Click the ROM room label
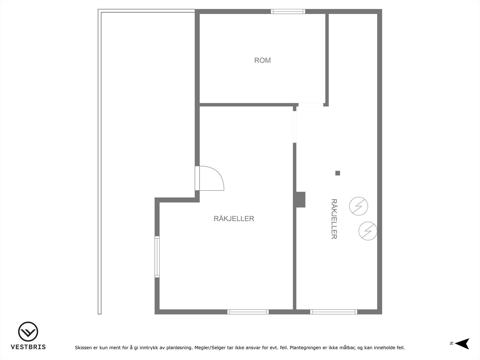(x=262, y=60)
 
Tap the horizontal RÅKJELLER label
(x=234, y=219)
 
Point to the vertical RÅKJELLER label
(x=334, y=219)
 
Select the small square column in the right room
(x=337, y=173)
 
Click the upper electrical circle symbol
(x=358, y=206)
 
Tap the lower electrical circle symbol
(x=368, y=231)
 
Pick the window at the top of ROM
(x=288, y=11)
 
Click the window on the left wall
(x=157, y=256)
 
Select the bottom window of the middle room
(x=248, y=312)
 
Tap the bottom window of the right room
(x=334, y=312)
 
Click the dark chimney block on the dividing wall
(x=300, y=199)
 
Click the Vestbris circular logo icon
(x=28, y=331)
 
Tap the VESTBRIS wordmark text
(x=28, y=347)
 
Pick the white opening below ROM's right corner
(x=311, y=105)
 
